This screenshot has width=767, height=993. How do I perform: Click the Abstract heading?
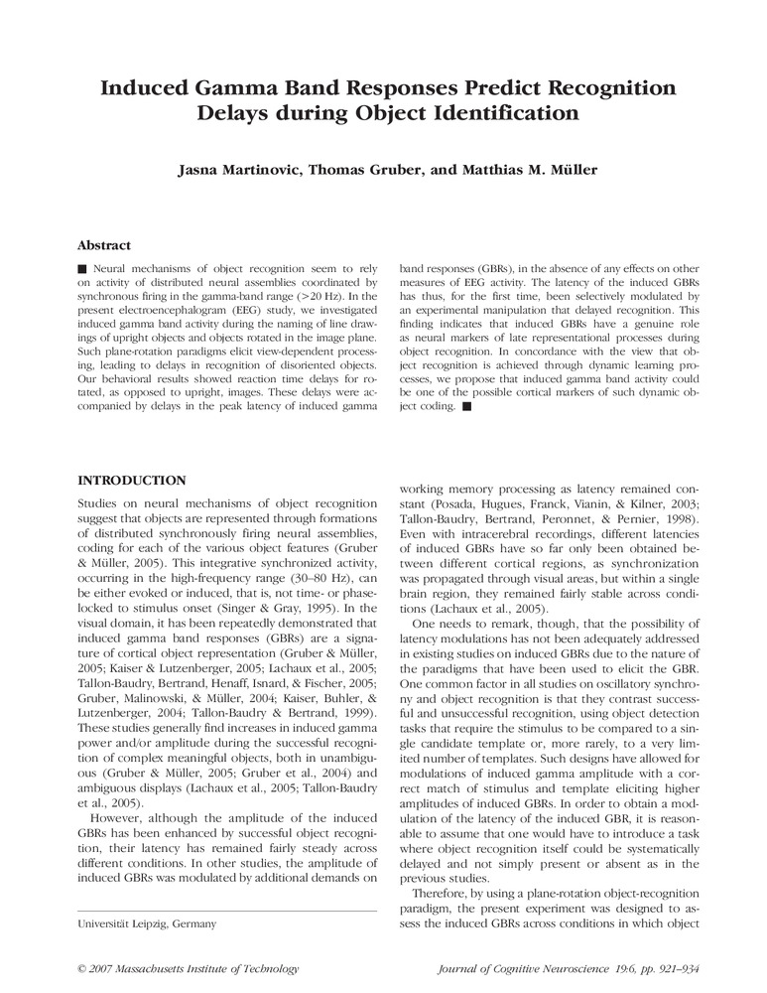(104, 245)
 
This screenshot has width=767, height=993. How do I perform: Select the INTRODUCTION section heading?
(131, 481)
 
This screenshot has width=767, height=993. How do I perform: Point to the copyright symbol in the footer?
(81, 968)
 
